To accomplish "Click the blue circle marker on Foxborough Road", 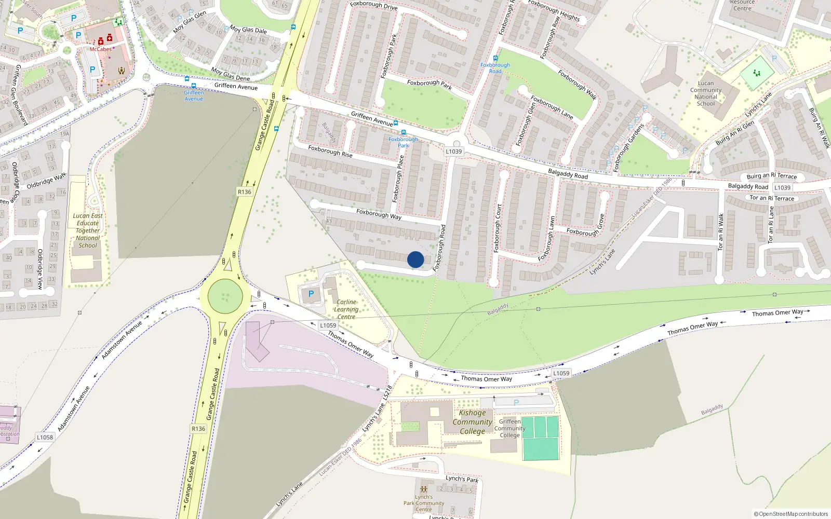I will tap(415, 259).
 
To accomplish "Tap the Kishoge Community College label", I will tap(472, 422).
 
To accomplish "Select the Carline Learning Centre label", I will tap(346, 309).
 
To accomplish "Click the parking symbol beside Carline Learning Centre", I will tap(311, 294).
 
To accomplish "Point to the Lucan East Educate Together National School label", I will tap(88, 230).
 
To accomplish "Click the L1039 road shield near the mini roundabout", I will tap(453, 152).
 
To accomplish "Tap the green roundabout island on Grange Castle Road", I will tap(225, 297).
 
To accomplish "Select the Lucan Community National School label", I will tap(705, 93).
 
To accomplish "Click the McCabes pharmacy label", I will tap(101, 49).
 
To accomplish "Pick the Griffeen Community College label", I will tap(510, 428).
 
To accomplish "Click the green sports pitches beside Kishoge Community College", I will tap(540, 438).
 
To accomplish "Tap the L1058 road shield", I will tap(45, 438).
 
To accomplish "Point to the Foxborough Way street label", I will tap(379, 214).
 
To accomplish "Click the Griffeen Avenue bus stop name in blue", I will tap(194, 95).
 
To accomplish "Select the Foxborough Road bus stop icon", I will tap(495, 58).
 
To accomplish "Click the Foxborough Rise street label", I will tap(330, 151).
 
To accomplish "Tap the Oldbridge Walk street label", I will tap(47, 181).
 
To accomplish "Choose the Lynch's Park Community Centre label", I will tap(423, 503).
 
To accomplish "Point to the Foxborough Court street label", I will tap(498, 228).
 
